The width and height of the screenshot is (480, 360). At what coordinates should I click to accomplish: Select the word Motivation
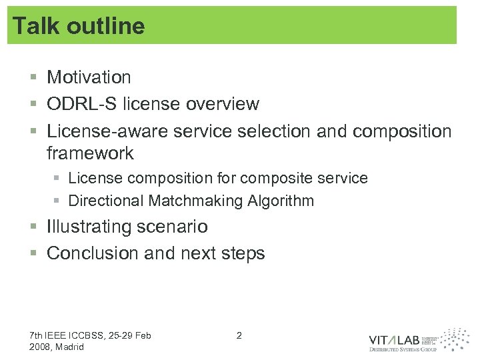[x=89, y=77]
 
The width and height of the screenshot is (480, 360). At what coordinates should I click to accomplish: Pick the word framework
[x=90, y=153]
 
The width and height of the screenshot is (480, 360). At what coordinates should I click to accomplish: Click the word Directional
[x=106, y=201]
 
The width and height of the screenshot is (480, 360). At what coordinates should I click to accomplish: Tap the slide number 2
[x=239, y=335]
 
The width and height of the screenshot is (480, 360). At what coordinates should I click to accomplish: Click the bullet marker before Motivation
[x=33, y=78]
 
